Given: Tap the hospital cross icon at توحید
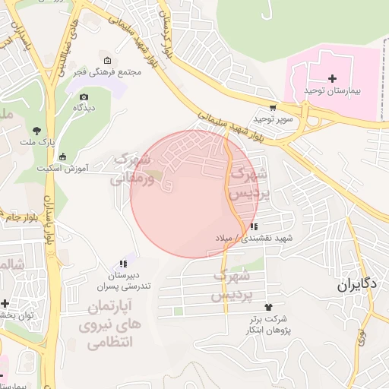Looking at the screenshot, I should click(332, 78).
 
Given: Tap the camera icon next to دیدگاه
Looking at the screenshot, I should click(84, 96).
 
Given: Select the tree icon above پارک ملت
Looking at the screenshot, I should click(36, 130).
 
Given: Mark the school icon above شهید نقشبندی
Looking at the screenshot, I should click(253, 226).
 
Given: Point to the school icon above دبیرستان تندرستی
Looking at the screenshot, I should click(123, 264).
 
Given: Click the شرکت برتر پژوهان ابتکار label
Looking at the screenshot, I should click(266, 324).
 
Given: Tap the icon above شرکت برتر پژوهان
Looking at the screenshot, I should click(267, 307).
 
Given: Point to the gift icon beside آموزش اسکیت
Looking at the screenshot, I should click(62, 156).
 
